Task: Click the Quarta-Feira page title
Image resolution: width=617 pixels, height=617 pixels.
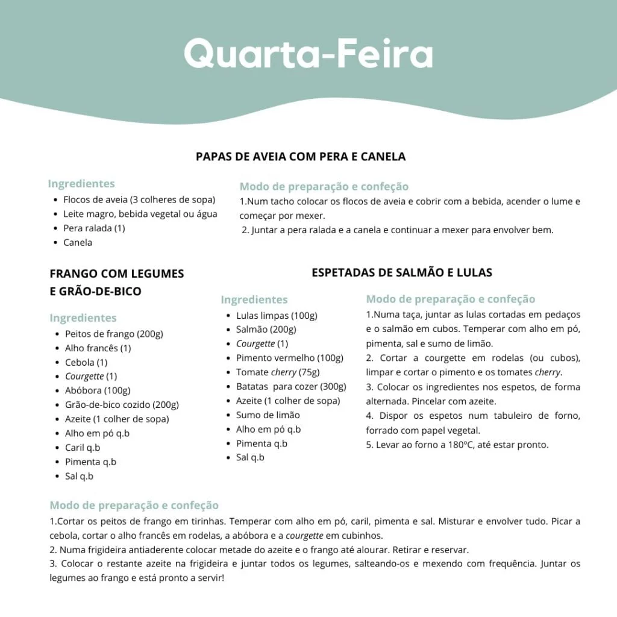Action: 308,54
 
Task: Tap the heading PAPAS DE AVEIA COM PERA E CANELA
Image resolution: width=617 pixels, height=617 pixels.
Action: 301,157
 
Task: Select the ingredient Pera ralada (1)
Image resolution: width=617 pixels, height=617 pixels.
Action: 94,228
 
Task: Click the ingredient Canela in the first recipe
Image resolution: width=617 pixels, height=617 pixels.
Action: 78,242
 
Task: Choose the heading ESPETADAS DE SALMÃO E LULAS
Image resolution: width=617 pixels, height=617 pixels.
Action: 402,272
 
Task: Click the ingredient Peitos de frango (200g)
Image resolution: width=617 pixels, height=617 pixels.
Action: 114,334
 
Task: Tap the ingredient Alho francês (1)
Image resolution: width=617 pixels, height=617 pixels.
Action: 98,348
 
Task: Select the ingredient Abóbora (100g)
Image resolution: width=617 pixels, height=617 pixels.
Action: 98,390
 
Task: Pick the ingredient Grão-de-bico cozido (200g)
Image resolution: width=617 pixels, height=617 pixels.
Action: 122,405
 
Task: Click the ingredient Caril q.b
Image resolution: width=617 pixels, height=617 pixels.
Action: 83,448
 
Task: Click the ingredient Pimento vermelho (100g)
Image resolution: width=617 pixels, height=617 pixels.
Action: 290,358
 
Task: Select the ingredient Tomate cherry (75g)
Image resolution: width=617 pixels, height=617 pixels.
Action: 278,372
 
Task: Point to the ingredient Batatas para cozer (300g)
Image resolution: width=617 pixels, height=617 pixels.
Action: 291,387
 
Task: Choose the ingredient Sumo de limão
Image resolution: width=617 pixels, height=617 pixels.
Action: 268,415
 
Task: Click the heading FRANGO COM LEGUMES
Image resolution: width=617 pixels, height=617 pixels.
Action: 117,274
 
